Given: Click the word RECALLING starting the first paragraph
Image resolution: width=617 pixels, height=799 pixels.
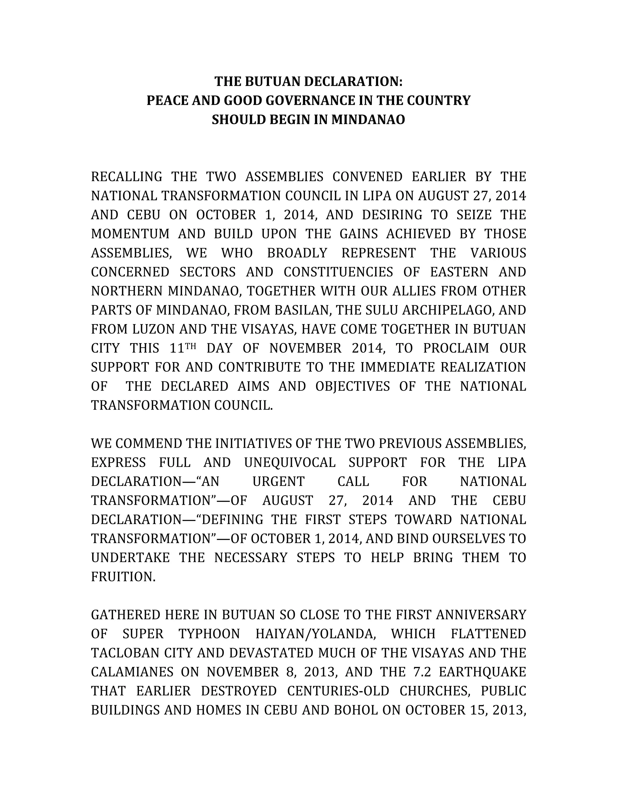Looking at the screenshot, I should coord(127,177).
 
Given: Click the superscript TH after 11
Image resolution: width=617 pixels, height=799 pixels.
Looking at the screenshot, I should coord(191,345).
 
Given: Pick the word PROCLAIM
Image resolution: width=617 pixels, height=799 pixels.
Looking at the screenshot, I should coord(456,348).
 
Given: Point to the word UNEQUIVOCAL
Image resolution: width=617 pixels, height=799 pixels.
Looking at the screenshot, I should coord(290,463).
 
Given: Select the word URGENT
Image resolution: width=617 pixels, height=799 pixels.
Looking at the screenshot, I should coord(279,482).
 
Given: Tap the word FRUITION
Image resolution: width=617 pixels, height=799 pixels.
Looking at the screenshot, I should coord(123,577).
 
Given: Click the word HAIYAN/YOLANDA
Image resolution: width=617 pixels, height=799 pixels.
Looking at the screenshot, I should coord(315,634).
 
